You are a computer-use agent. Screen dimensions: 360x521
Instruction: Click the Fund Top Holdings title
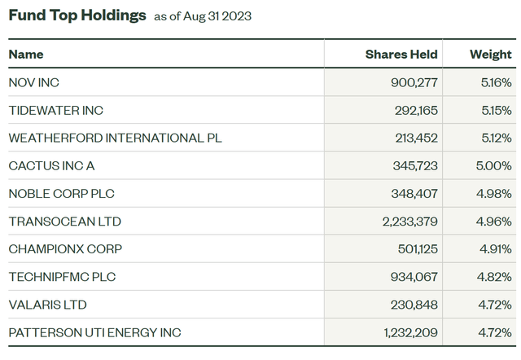coord(77,15)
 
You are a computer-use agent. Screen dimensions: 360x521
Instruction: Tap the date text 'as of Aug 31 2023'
coord(203,16)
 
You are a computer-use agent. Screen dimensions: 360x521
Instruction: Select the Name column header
coord(26,55)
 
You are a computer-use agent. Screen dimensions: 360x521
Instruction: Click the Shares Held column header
coord(401,55)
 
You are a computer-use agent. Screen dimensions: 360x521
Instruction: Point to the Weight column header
coord(491,55)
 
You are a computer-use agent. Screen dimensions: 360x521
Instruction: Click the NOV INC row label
coord(33,82)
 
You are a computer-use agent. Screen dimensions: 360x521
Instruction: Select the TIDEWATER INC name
coord(55,110)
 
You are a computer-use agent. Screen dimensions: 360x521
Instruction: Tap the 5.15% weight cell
coord(496,110)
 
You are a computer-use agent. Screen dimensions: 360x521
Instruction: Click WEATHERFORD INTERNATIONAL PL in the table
coord(115,138)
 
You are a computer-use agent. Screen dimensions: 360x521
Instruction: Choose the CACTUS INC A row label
coord(51,166)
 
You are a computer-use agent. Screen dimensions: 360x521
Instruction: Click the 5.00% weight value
coord(495,166)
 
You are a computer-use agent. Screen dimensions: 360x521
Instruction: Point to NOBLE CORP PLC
coord(61,194)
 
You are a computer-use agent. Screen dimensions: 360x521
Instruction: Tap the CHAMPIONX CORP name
coord(64,249)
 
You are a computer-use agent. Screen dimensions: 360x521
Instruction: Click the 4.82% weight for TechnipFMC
coord(495,277)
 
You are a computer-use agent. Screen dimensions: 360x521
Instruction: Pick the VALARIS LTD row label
coord(47,305)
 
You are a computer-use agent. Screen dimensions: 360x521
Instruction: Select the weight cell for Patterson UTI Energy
coord(495,332)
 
